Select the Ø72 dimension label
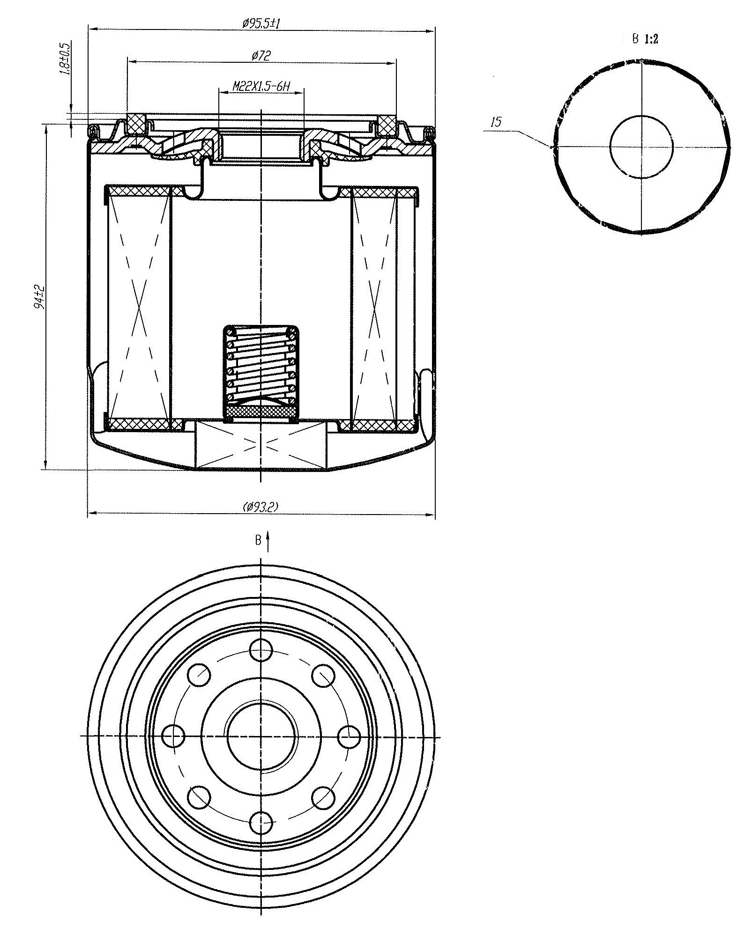[x=261, y=56]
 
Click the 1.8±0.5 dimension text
[x=65, y=59]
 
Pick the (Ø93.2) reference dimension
[x=261, y=507]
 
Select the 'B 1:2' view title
[x=645, y=39]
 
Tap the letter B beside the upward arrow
[x=258, y=540]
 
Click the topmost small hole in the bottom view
[x=261, y=649]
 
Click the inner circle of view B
[x=641, y=147]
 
